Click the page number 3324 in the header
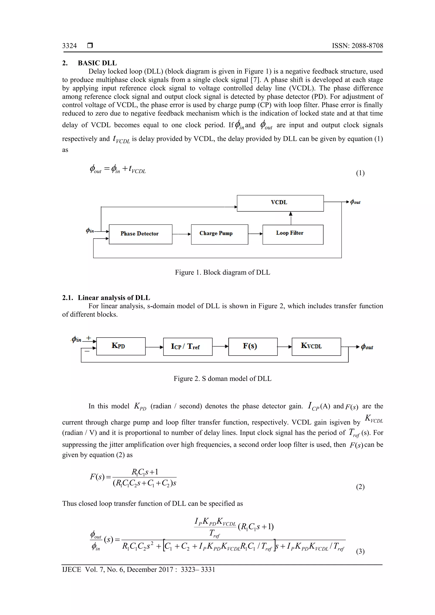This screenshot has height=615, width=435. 69,46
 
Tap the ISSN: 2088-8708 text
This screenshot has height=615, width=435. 357,46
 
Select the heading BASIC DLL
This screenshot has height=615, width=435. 97,63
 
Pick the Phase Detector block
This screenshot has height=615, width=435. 140,234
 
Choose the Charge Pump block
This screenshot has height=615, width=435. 219,234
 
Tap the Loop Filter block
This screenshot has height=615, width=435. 293,234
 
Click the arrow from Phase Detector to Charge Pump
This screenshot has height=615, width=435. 181,234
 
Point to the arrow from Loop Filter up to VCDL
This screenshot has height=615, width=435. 291,218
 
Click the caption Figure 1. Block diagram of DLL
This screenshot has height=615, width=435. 222,272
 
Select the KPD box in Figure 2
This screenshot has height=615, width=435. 121,346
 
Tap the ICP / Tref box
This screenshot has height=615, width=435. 188,347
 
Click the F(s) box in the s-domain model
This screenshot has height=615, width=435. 253,347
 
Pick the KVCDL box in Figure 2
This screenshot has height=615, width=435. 316,347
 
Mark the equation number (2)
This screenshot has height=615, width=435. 360,487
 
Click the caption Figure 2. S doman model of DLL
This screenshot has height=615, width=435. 222,379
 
